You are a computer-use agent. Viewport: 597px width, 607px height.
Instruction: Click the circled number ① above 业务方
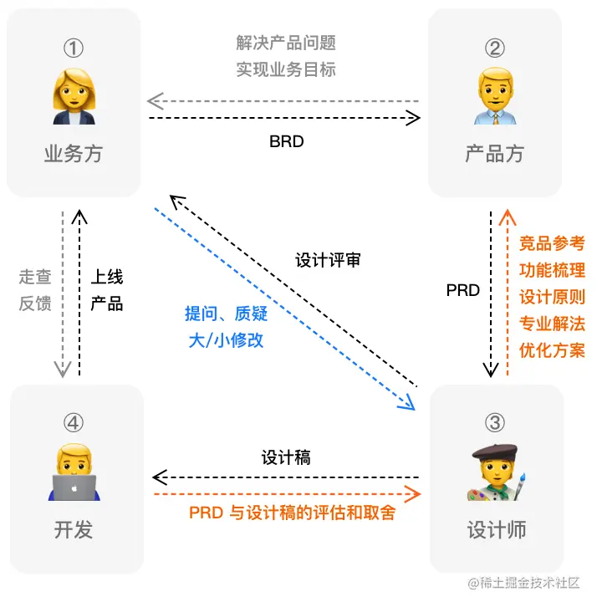click(74, 48)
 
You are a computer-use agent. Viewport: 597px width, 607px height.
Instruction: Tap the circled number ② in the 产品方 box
click(495, 48)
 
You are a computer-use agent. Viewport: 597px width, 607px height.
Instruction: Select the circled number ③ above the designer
click(495, 423)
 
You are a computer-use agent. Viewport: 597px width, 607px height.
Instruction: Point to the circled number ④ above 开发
click(74, 423)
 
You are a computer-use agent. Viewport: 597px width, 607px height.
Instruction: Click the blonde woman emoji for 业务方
click(74, 99)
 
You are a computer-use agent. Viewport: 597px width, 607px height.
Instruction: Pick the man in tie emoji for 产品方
click(495, 99)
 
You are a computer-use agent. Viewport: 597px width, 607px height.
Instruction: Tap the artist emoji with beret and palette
click(495, 473)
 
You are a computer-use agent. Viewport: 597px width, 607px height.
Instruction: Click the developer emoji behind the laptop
click(74, 473)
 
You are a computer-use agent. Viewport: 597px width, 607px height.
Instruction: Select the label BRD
click(286, 141)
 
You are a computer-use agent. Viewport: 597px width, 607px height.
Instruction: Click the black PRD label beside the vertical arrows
click(462, 290)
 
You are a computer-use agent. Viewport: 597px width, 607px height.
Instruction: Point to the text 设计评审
click(329, 260)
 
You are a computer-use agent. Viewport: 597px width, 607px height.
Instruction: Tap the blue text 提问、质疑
click(224, 314)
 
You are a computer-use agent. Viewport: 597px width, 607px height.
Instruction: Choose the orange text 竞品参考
click(552, 243)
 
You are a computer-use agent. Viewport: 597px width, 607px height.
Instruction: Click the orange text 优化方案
click(552, 349)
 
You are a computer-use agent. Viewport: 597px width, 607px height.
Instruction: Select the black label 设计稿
click(286, 457)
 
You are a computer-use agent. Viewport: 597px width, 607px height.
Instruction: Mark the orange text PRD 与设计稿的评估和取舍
click(292, 512)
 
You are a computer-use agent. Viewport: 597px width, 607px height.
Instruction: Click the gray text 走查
click(35, 276)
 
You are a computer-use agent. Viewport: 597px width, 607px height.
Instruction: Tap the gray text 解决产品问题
click(286, 43)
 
